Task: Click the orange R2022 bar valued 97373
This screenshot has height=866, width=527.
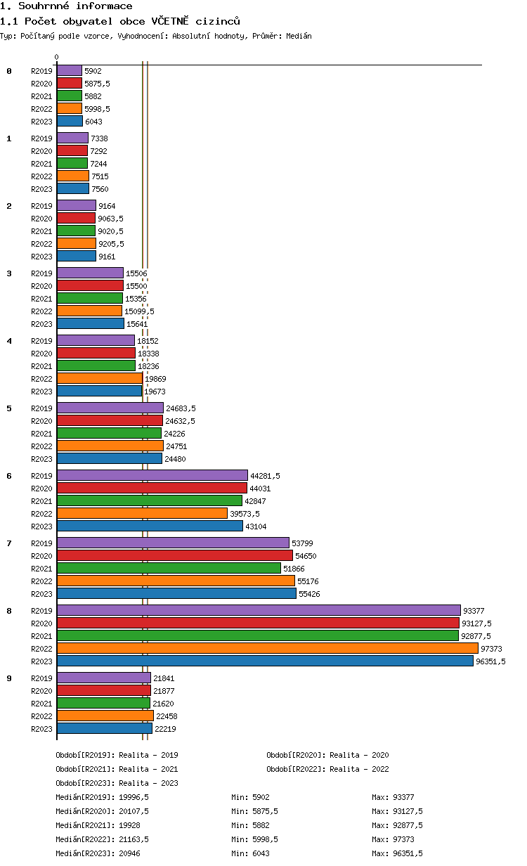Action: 267,648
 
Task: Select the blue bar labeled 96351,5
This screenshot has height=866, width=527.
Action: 265,661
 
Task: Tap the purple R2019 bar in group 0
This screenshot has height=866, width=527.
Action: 70,70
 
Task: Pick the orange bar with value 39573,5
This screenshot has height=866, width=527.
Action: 142,513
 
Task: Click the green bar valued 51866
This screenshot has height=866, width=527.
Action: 169,568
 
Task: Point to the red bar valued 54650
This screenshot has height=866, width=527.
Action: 174,555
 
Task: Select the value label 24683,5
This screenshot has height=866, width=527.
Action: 181,408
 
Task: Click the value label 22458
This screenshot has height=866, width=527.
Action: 167,716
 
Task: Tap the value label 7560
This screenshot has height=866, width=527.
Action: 100,188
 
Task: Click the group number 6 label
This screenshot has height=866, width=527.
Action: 9,476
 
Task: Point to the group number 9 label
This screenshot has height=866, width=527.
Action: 9,678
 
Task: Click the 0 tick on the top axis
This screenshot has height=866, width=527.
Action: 57,58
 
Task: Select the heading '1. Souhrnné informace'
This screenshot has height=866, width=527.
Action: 66,6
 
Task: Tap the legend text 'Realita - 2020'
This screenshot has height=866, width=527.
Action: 359,755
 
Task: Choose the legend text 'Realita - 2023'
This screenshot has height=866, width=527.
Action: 148,783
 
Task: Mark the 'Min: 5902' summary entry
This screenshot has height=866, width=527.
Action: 251,797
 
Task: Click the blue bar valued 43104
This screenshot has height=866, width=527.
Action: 150,526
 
